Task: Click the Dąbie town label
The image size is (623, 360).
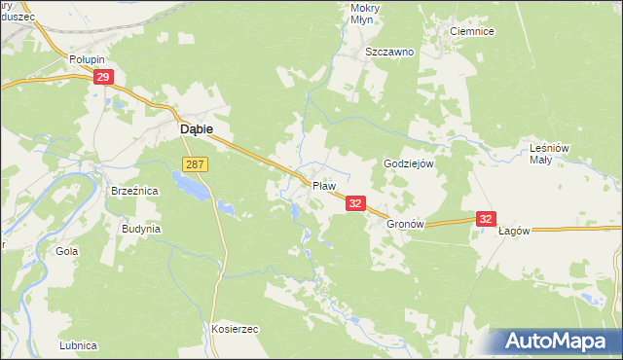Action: point(195,127)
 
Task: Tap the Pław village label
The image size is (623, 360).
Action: point(323,185)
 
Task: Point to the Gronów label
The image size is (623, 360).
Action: point(407,223)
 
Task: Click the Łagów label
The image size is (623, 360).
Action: point(513,231)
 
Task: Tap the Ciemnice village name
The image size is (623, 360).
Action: point(472,31)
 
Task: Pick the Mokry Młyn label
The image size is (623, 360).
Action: point(364,14)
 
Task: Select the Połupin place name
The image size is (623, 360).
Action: point(87,59)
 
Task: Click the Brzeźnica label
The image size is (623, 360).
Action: point(134,192)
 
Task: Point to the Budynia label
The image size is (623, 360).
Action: point(140,229)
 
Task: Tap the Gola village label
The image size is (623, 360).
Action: point(67,250)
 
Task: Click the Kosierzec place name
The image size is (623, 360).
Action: point(234,329)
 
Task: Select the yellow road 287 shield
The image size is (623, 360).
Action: point(194,165)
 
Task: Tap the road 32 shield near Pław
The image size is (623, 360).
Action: point(355,202)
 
